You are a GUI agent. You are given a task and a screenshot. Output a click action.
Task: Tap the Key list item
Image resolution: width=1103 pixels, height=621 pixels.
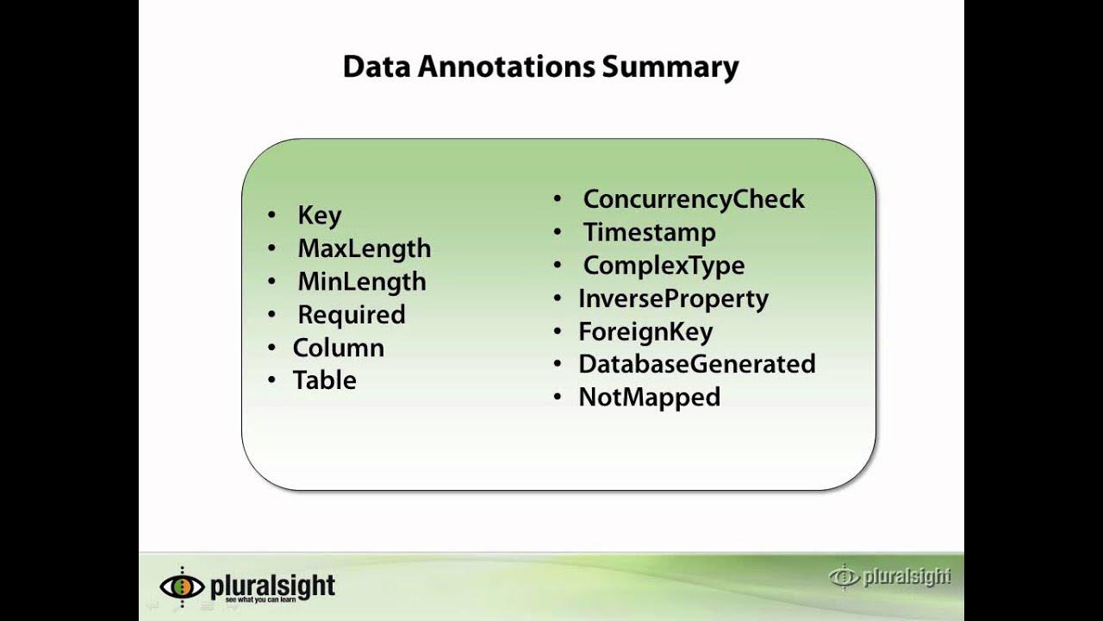pos(320,215)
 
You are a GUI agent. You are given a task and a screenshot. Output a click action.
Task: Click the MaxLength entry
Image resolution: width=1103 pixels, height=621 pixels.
pos(364,248)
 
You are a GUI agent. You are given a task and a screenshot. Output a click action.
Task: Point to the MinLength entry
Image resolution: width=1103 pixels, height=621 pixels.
pos(361,281)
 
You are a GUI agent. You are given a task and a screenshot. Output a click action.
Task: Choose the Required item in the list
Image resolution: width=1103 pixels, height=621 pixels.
pos(351,315)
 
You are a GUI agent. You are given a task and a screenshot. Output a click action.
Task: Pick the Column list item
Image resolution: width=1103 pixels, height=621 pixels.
pos(338,348)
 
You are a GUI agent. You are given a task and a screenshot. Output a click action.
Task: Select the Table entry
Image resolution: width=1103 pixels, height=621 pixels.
pos(324,380)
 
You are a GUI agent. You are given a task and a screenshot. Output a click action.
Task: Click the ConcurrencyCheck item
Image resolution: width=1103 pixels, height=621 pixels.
pos(693,199)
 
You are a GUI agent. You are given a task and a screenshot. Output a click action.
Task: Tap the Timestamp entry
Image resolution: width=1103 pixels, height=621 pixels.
pos(649,232)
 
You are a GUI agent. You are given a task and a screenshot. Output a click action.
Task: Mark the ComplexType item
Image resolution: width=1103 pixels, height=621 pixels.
pos(664,265)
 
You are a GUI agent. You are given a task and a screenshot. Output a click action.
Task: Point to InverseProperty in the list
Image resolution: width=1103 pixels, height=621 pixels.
pos(673,298)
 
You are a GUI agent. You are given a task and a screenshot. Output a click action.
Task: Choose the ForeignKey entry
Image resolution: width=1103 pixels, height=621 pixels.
pos(645,331)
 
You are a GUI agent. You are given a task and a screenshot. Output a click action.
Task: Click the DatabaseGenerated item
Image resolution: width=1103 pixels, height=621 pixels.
pos(696,364)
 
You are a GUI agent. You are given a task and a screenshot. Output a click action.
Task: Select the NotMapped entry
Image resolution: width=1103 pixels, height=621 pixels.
pos(649,397)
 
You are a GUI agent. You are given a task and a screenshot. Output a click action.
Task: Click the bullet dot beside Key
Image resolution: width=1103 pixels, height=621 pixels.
pos(272,216)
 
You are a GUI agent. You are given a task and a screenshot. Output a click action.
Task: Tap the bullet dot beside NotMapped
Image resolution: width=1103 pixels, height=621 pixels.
pos(558,398)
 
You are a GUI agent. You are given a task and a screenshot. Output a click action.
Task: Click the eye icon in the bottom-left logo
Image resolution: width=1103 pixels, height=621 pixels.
pos(182,586)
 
